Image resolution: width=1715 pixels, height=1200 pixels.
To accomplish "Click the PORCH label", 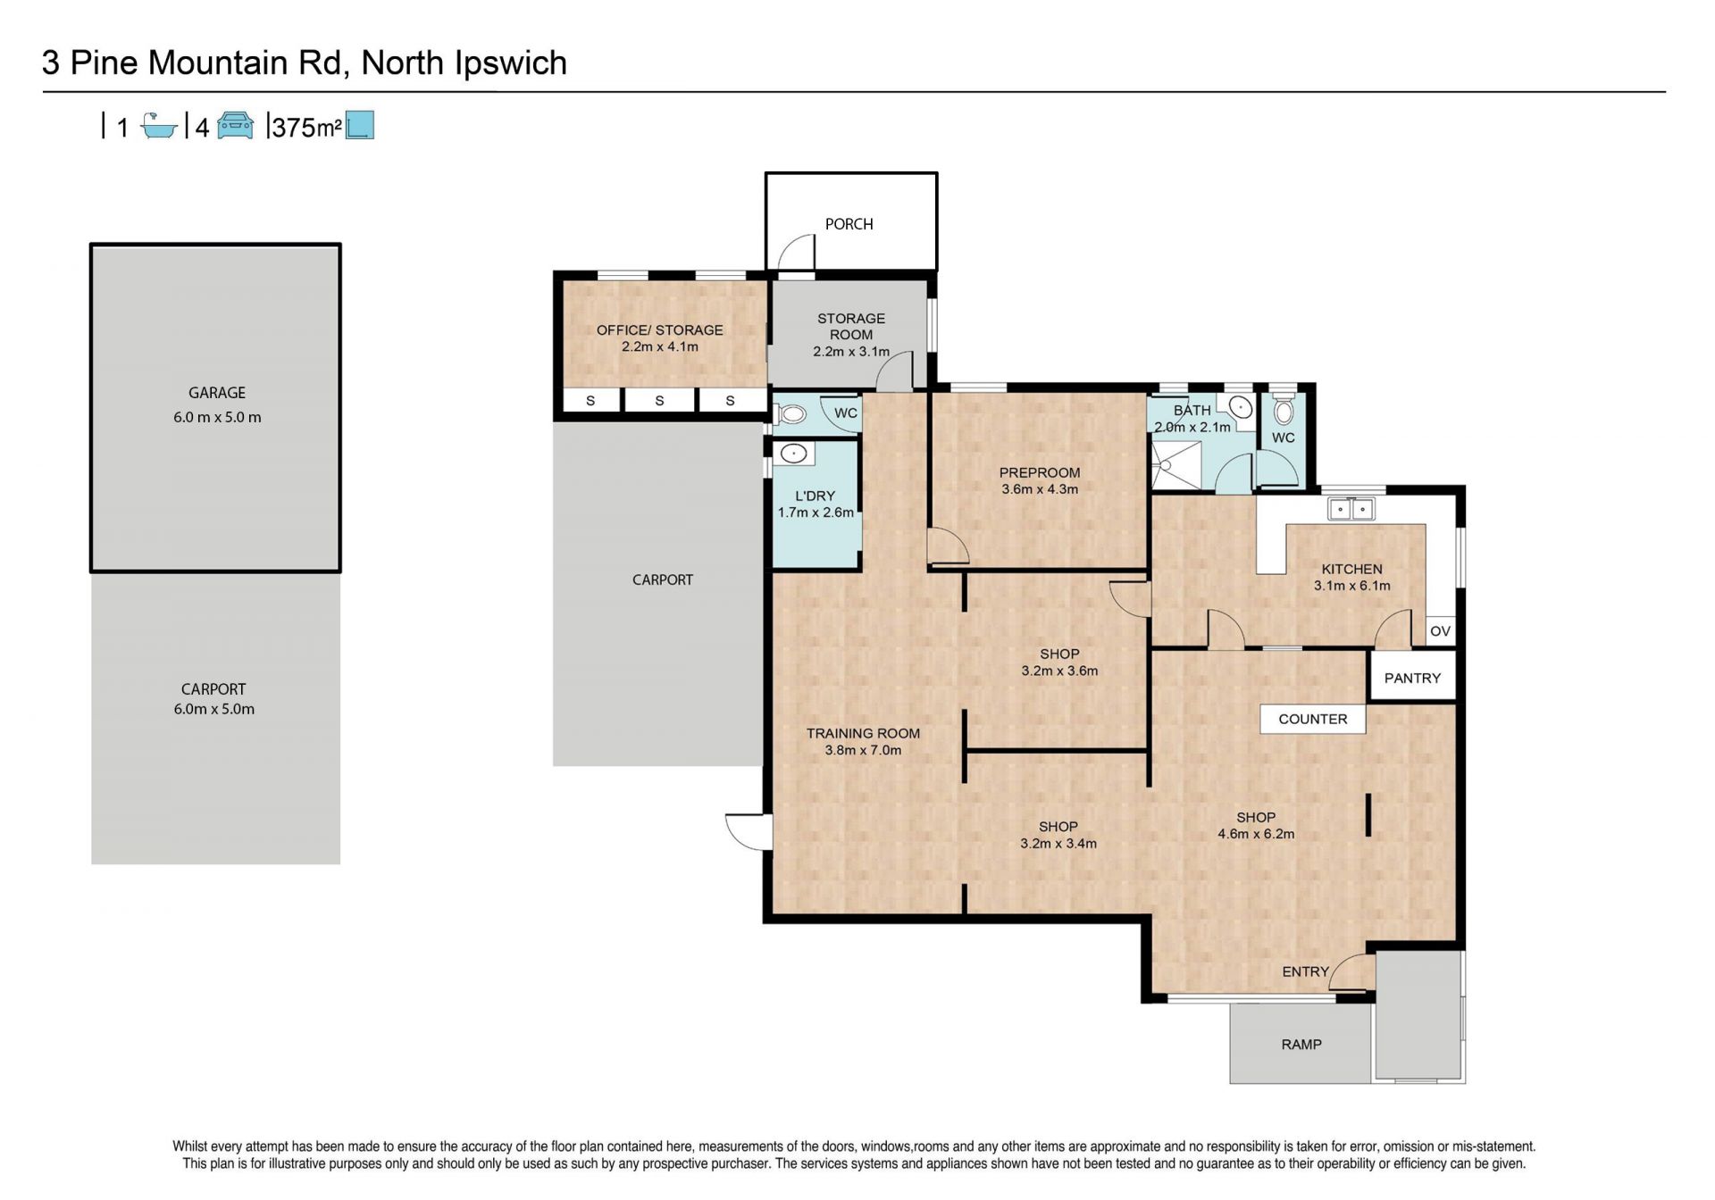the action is [x=849, y=224].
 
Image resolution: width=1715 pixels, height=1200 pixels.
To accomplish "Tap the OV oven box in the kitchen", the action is [x=1440, y=631].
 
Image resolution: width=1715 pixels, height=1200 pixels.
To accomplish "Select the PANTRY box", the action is [x=1412, y=678].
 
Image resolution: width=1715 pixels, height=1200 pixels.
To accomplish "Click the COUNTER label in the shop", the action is [x=1312, y=719].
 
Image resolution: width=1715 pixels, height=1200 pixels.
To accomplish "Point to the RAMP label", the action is [x=1301, y=1044].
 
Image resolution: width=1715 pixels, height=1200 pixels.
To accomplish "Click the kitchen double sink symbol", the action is [x=1351, y=510].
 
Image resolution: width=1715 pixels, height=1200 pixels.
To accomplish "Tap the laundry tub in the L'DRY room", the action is [x=793, y=454].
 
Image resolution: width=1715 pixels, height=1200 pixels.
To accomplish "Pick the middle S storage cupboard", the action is [x=659, y=401].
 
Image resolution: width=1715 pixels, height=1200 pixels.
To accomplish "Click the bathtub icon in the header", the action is [x=159, y=126].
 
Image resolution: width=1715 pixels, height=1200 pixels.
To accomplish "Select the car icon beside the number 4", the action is [x=235, y=126].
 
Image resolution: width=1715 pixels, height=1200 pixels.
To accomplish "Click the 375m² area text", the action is [x=307, y=128].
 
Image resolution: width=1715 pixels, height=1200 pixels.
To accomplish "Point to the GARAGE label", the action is [x=216, y=393].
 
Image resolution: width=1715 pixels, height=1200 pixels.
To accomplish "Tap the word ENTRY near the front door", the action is [x=1305, y=971].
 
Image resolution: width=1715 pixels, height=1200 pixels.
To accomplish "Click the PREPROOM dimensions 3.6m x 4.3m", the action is [x=1039, y=489].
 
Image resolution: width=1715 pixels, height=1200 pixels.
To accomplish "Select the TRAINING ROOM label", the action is [x=863, y=734].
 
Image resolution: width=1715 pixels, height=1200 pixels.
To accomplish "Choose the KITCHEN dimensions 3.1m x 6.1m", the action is [x=1351, y=586].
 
